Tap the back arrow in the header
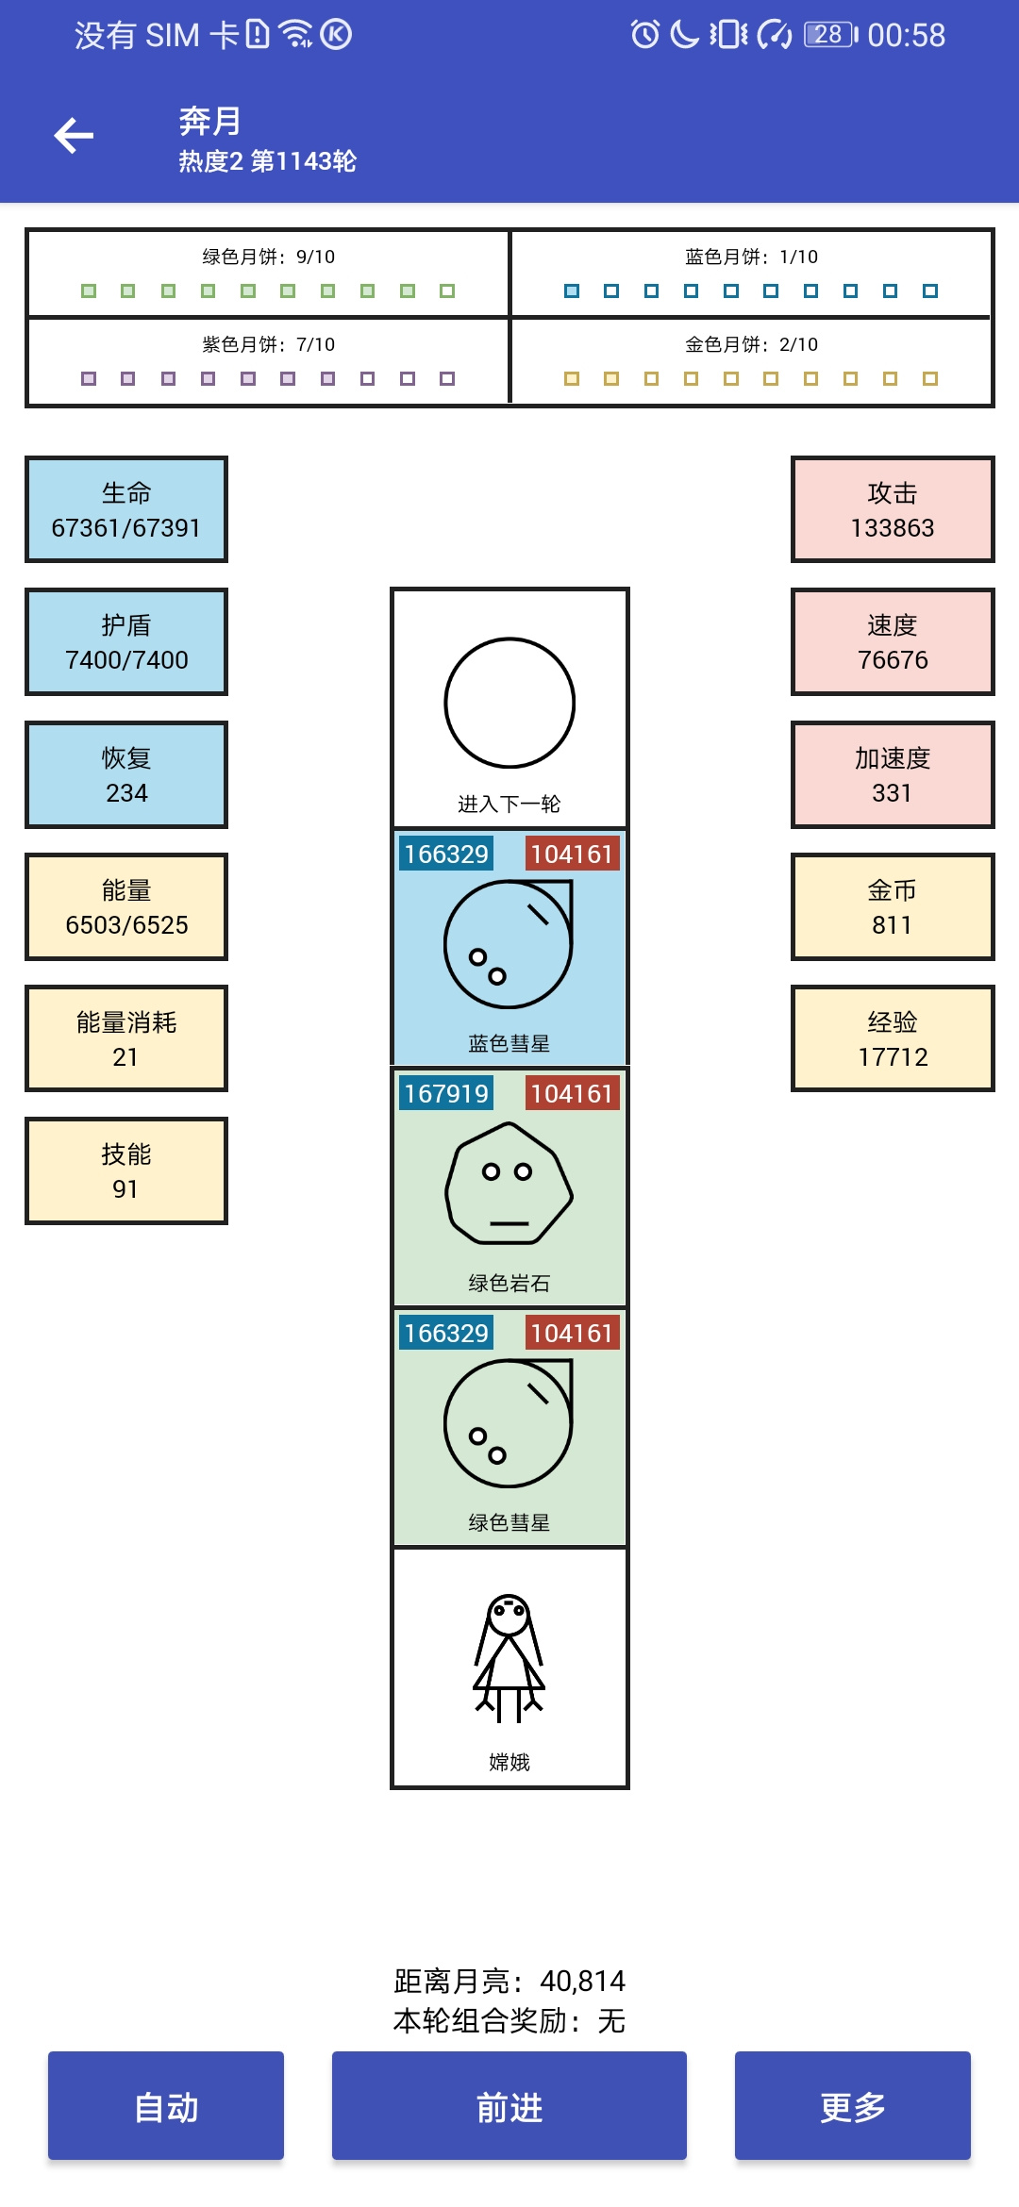click(x=74, y=136)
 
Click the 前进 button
click(x=509, y=2105)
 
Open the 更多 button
click(x=853, y=2105)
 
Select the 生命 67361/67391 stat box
click(x=126, y=509)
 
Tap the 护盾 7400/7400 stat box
click(x=126, y=641)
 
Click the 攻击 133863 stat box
click(x=893, y=509)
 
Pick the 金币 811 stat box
click(x=893, y=906)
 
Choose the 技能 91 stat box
click(x=126, y=1170)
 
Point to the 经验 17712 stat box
click(x=893, y=1038)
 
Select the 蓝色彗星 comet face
click(x=509, y=944)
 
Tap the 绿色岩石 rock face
click(x=509, y=1183)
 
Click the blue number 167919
click(x=446, y=1093)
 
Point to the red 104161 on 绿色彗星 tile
click(x=573, y=1333)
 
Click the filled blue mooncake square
click(x=572, y=290)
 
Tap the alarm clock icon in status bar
click(x=645, y=35)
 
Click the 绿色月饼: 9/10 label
click(x=269, y=257)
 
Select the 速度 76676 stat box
click(x=893, y=641)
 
